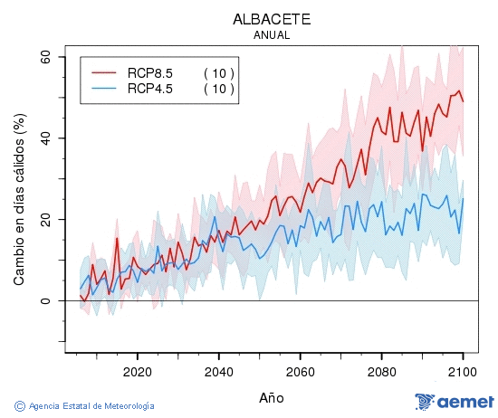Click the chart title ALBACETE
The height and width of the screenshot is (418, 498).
(271, 19)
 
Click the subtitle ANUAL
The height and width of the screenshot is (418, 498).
(271, 35)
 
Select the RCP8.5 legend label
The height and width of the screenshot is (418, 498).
(150, 72)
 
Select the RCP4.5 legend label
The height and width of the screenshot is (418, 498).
(150, 88)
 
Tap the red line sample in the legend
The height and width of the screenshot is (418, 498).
(104, 72)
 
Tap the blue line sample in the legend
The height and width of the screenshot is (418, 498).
(104, 88)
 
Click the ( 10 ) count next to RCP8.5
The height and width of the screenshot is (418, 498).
(219, 72)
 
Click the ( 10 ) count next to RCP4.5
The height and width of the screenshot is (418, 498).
(219, 88)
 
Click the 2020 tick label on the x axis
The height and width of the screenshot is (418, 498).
(137, 370)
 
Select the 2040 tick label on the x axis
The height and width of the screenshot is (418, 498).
(218, 370)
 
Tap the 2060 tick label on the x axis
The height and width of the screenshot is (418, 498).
(300, 370)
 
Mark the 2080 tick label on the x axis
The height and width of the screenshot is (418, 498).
(381, 370)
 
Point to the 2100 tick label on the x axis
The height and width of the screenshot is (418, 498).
(462, 370)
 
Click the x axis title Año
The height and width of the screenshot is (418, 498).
(271, 397)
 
